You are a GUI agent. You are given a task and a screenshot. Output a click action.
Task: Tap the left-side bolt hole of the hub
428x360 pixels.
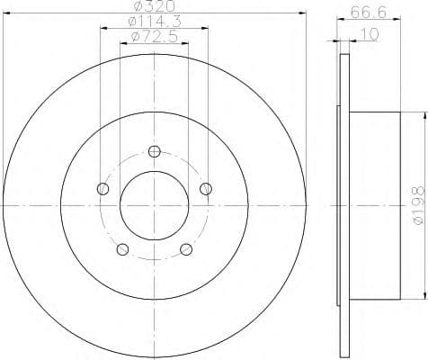coord(102,188)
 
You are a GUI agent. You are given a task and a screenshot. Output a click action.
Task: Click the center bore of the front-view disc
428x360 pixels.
coord(154,206)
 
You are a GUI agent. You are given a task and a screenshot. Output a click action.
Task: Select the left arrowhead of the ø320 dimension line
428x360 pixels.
coord(5,13)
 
